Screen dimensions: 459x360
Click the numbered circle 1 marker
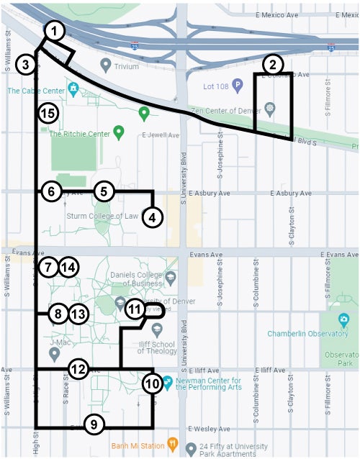[x=55, y=30]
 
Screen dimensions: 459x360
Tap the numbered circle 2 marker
[x=271, y=64]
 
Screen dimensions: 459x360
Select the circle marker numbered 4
[x=152, y=217]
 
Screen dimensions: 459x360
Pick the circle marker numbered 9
[x=94, y=424]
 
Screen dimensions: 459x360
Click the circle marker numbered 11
[x=135, y=309]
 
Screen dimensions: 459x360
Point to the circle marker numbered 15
[x=48, y=113]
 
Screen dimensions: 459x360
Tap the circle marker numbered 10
[x=152, y=383]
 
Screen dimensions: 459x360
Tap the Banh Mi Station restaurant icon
[x=172, y=443]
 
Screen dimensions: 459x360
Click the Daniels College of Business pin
[x=170, y=277]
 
